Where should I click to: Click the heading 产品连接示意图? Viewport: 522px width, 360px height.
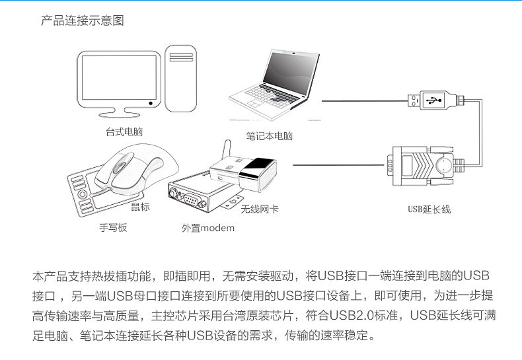click(x=83, y=21)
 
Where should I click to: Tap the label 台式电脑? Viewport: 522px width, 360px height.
click(x=124, y=131)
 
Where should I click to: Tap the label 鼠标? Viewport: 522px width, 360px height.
click(x=140, y=207)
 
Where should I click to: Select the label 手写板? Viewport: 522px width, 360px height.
click(x=113, y=228)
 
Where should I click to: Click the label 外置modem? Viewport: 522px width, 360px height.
click(x=207, y=228)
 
